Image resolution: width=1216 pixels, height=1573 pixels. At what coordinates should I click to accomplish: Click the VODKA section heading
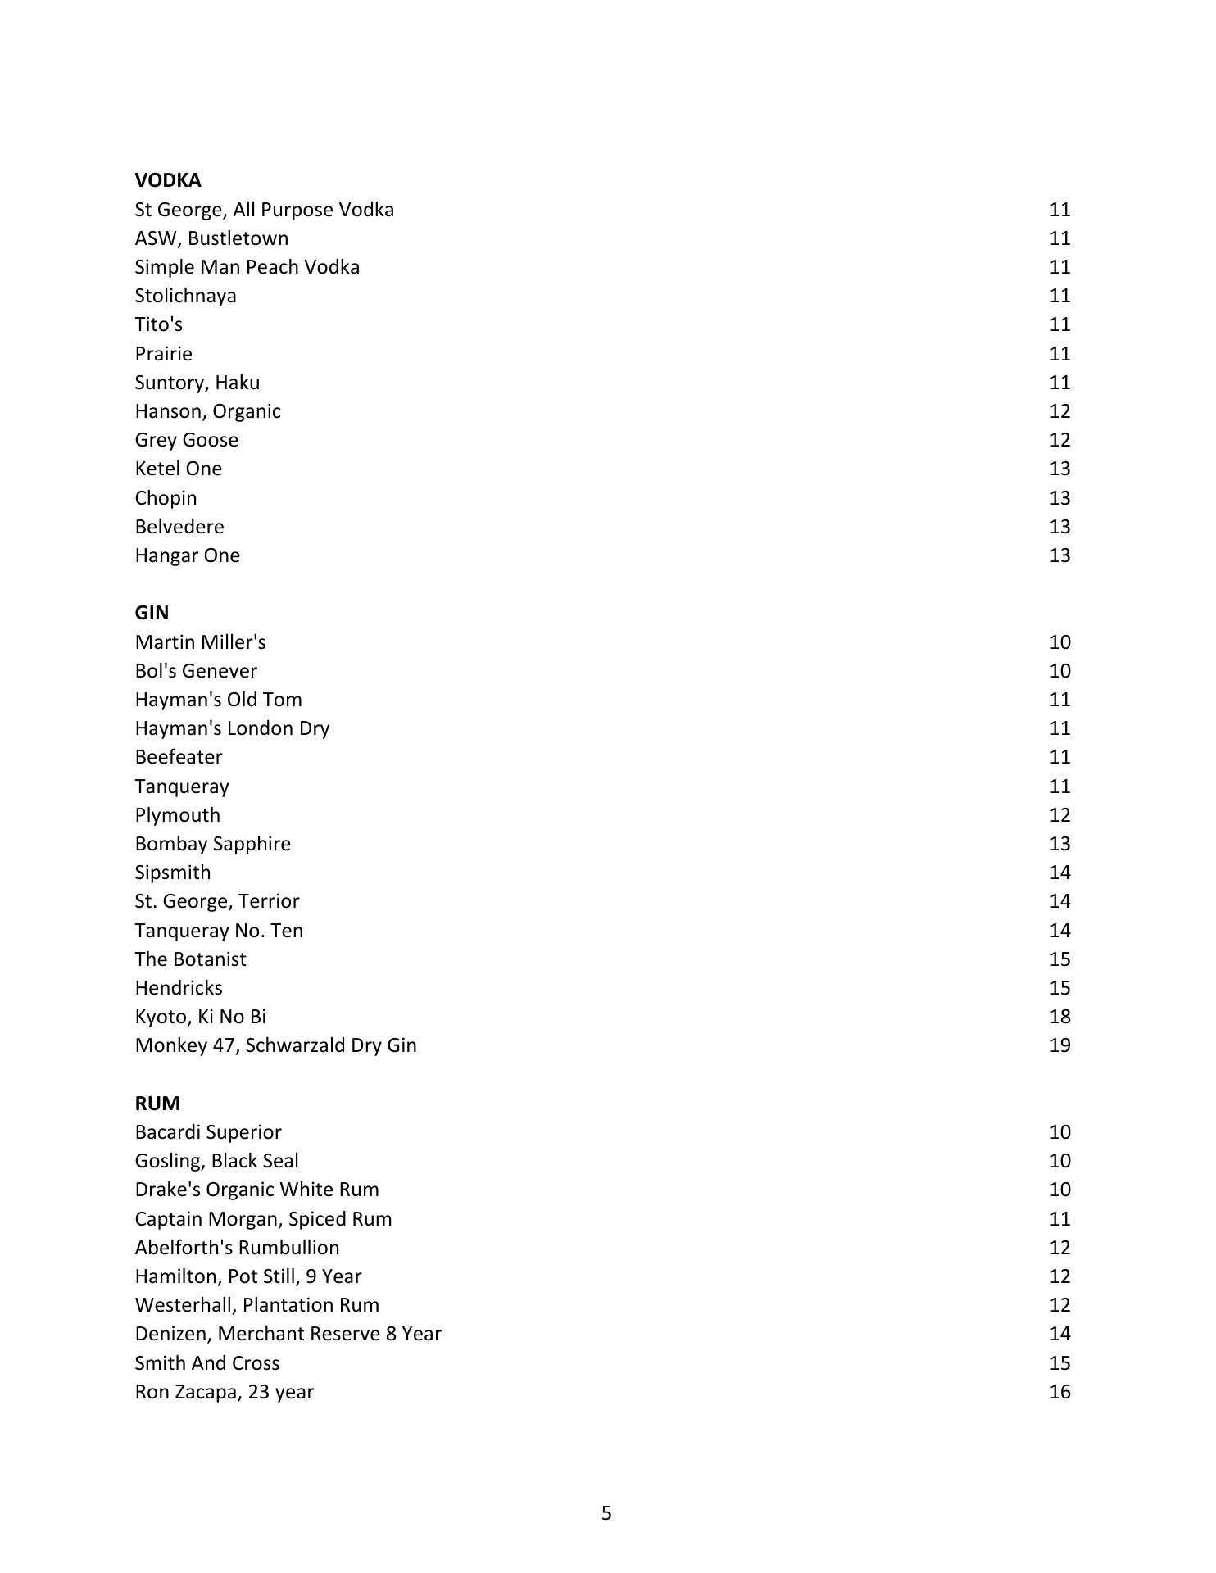tap(167, 180)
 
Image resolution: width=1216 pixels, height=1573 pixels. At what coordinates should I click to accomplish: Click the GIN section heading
tap(152, 613)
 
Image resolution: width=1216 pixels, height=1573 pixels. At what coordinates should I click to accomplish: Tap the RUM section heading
tap(157, 1103)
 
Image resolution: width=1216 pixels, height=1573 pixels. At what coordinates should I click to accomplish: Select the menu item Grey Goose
tap(186, 440)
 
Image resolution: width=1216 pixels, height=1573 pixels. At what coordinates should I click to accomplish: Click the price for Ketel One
tap(1059, 469)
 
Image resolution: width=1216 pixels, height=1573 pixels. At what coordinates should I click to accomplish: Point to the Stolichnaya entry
tap(185, 296)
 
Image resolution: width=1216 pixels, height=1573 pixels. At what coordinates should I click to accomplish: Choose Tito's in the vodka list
tap(158, 324)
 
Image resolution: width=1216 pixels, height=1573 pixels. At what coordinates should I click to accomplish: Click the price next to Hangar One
tap(1059, 555)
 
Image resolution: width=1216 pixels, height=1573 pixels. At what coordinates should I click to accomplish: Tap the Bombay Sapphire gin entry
tap(212, 844)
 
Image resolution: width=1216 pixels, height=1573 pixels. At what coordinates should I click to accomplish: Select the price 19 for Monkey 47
tap(1059, 1045)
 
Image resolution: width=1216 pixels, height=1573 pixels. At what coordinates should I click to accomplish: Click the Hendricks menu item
tap(178, 988)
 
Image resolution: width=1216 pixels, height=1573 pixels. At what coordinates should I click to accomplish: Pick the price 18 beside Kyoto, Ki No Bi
tap(1059, 1017)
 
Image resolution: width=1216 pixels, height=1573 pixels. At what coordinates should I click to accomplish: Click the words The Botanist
tap(190, 959)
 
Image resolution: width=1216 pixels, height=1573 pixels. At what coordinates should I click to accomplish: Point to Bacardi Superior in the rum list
tap(207, 1132)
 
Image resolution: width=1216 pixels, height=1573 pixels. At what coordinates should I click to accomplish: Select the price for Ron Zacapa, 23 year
tap(1059, 1392)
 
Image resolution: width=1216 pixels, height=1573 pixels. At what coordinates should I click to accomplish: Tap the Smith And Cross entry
tap(206, 1363)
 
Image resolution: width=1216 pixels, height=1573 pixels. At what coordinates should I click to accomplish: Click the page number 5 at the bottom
tap(606, 1513)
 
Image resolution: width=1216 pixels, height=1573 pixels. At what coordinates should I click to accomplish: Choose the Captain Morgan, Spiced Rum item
tap(263, 1219)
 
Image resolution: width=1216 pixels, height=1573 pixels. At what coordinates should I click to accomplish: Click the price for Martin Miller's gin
tap(1059, 642)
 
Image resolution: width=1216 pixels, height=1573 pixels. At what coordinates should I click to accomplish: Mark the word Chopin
tap(166, 498)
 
